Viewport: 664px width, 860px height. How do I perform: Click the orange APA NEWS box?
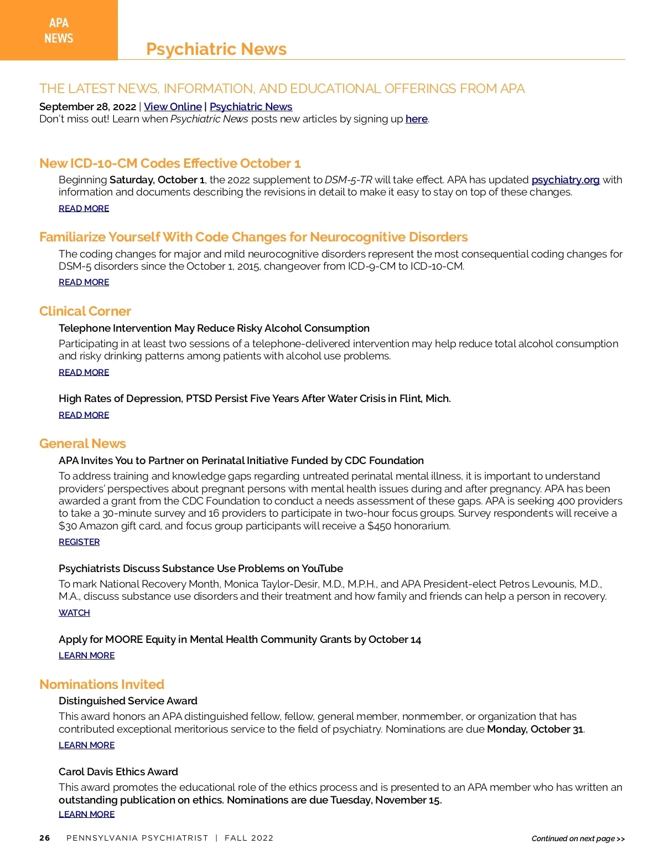click(59, 30)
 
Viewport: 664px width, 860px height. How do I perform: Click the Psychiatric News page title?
click(216, 49)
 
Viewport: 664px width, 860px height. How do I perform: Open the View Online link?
click(173, 107)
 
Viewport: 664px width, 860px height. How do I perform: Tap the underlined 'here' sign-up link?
click(416, 119)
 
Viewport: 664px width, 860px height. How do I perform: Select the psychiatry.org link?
click(565, 180)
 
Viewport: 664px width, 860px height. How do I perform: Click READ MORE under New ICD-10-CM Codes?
click(84, 209)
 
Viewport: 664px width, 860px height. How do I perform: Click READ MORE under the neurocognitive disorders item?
click(84, 282)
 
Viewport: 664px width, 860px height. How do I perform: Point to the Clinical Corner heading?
click(85, 311)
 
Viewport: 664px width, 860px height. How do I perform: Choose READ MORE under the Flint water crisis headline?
click(84, 415)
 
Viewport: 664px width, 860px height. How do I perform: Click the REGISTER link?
click(79, 542)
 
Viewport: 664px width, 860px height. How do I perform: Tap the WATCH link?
click(74, 613)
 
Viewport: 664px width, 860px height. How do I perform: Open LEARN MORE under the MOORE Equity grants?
click(87, 656)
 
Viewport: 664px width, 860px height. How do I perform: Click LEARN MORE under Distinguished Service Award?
click(87, 745)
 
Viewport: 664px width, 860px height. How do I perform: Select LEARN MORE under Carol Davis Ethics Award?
click(87, 815)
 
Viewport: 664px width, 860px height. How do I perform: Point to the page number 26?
click(45, 838)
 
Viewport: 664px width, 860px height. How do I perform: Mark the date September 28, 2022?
click(87, 107)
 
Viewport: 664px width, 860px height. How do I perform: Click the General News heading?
click(82, 444)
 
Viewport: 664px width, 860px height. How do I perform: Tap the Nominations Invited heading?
click(102, 684)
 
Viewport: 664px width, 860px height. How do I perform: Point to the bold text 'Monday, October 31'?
click(535, 729)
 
